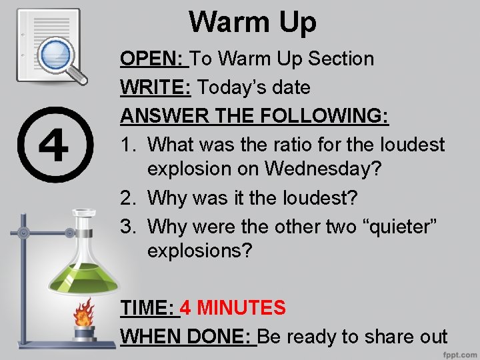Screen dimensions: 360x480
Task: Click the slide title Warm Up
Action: click(x=253, y=22)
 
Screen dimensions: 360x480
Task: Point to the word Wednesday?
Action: click(x=323, y=169)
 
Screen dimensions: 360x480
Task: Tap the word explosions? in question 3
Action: click(x=200, y=252)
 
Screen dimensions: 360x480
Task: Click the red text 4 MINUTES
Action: click(x=233, y=308)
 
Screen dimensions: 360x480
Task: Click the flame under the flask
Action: click(x=84, y=312)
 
